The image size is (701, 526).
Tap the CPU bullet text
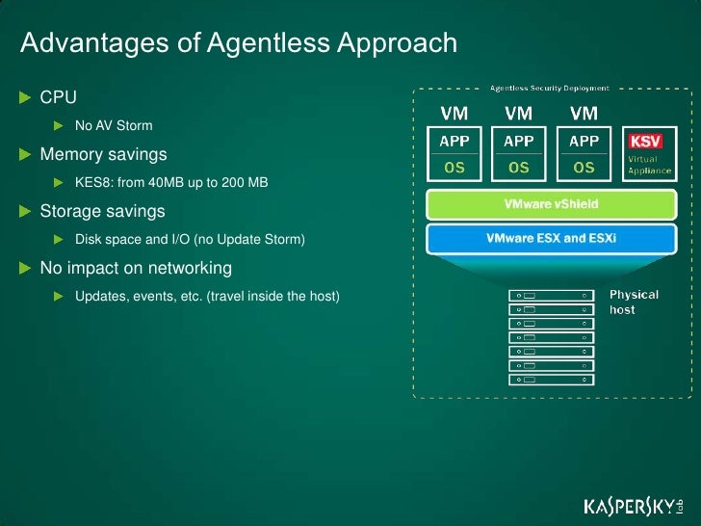[x=58, y=98]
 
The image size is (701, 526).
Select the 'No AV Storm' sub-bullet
[x=114, y=126]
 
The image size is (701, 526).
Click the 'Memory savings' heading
[x=103, y=154]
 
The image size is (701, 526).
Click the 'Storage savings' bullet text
[x=102, y=211]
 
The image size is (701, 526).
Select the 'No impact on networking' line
[x=135, y=267]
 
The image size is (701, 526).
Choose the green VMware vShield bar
[x=550, y=205]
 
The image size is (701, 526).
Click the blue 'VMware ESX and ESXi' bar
[x=550, y=238]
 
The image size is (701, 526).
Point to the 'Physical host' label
[x=634, y=302]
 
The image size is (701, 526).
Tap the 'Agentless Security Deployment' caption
[x=549, y=88]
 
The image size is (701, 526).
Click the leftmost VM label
[x=454, y=114]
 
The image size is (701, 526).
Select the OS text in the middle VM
[x=519, y=167]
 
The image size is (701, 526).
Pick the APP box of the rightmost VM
[x=584, y=141]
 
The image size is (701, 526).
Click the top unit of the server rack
[x=552, y=295]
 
